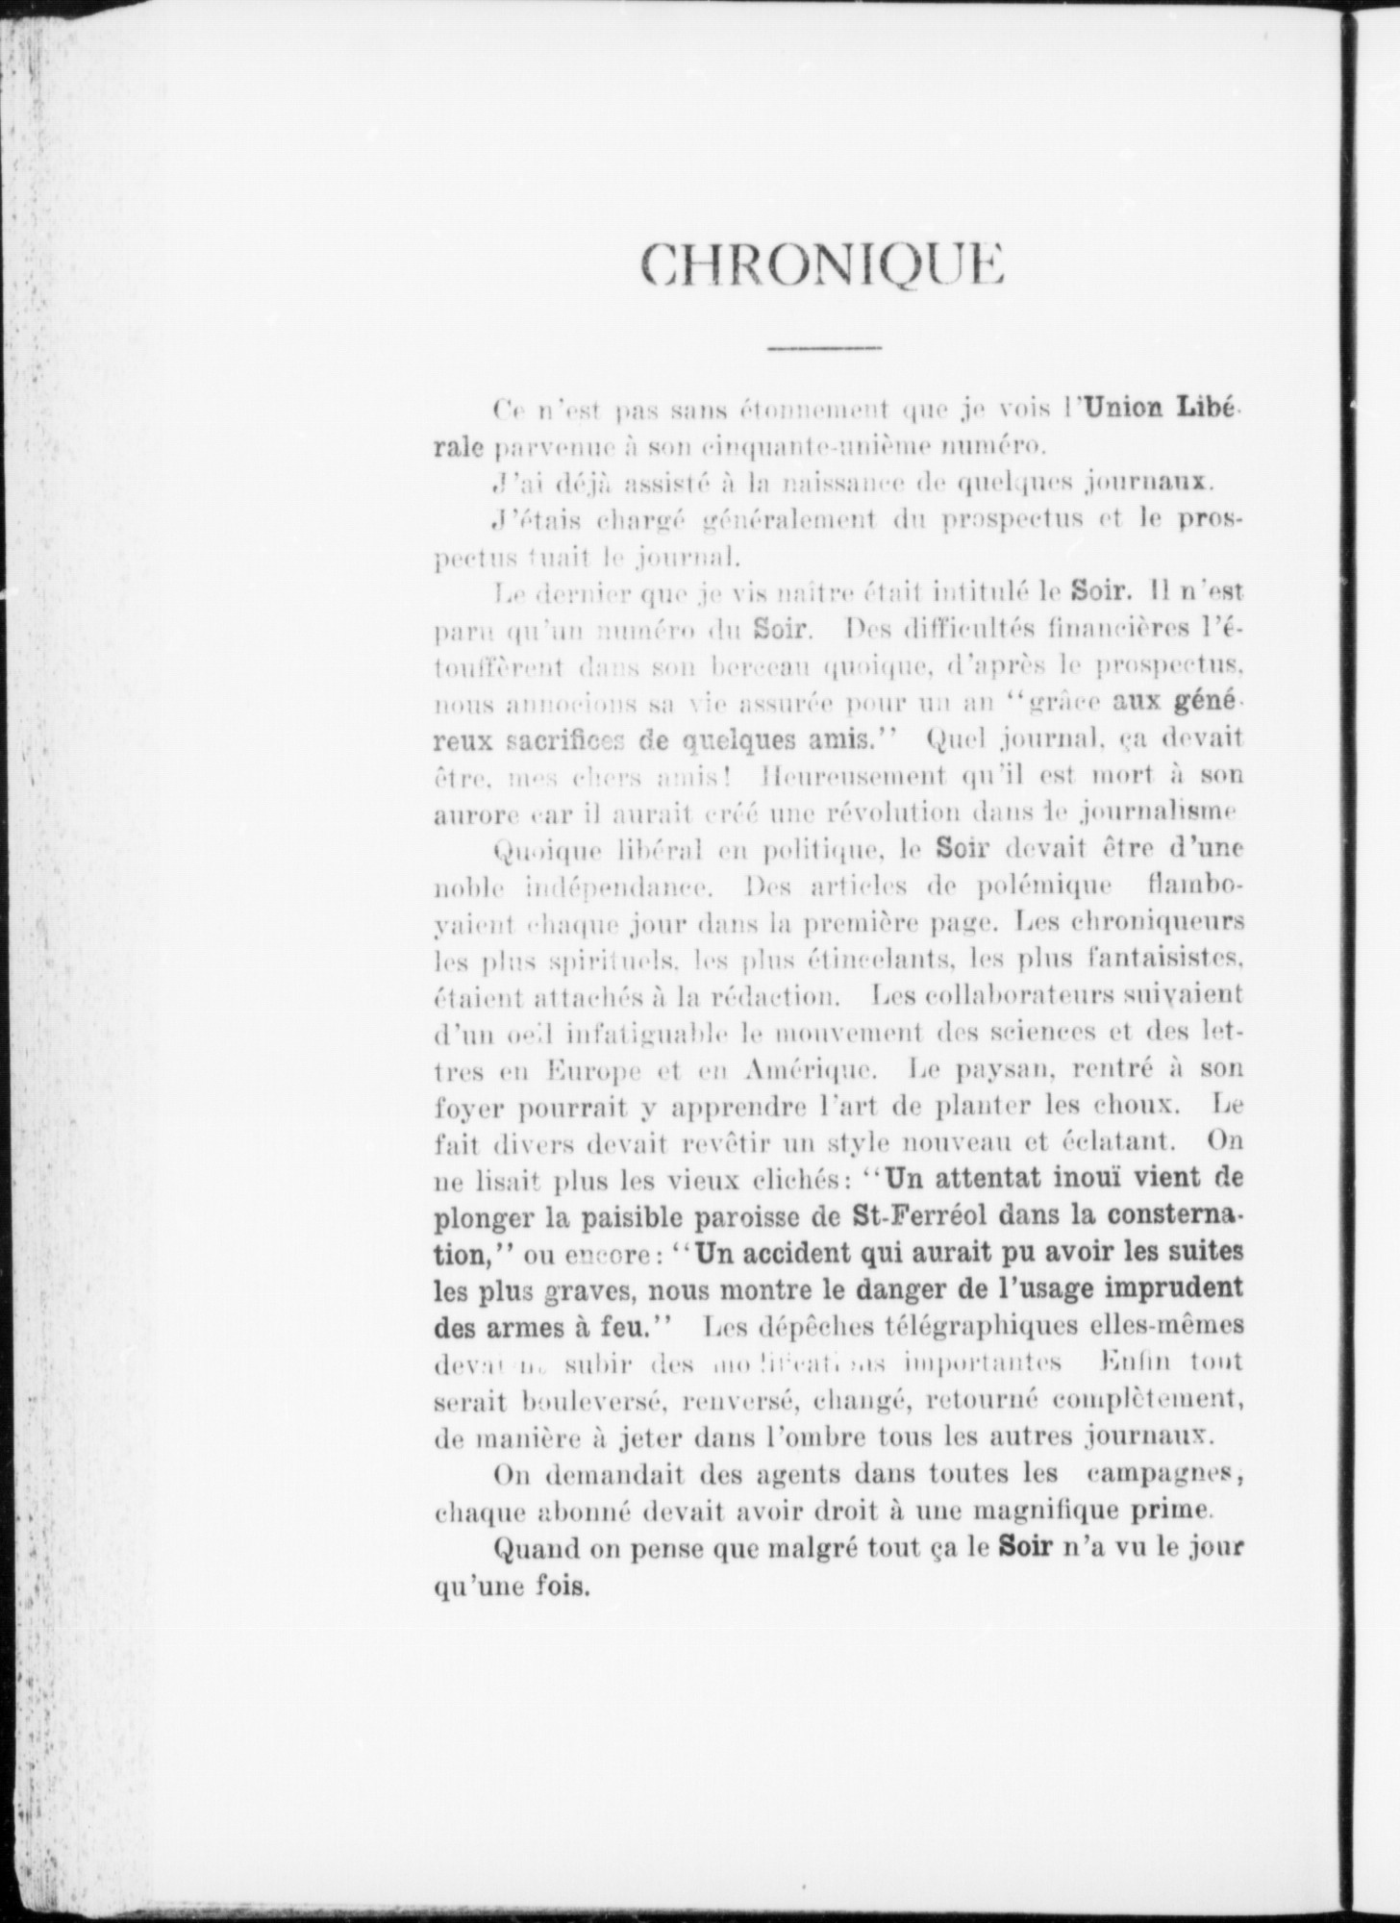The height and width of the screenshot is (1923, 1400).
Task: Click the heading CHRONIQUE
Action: coord(823,262)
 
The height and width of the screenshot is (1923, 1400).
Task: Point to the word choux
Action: coord(1153,1106)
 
